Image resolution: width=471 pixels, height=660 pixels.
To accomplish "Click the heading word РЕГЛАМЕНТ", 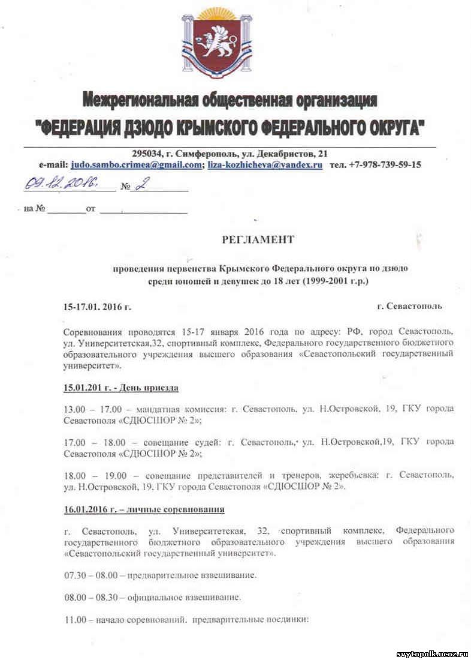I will [x=258, y=239].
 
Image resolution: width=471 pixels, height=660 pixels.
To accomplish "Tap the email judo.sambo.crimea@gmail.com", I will [x=136, y=164].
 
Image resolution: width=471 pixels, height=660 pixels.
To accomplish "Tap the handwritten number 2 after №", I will [x=139, y=185].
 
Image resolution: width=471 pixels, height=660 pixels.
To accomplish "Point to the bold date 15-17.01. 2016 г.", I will [x=97, y=307].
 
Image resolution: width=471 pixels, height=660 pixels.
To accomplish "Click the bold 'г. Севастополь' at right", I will [x=410, y=306].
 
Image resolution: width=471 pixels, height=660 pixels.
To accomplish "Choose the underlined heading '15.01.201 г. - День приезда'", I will [x=121, y=388].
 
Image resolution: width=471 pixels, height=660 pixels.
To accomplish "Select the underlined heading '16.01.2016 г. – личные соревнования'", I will [x=144, y=510].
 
